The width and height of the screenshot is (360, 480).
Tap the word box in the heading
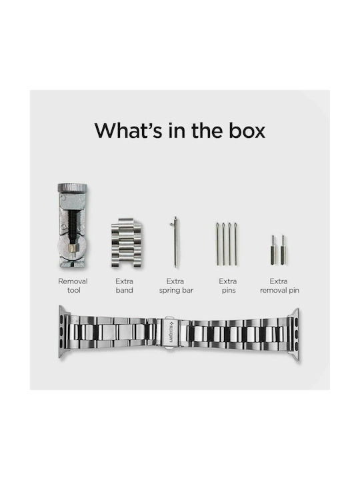click(247, 131)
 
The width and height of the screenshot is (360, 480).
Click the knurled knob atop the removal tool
click(73, 188)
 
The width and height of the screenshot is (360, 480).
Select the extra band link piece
click(127, 243)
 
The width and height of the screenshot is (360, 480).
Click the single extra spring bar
click(175, 242)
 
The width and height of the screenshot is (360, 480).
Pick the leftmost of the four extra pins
click(217, 244)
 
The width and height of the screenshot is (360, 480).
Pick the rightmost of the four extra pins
click(236, 244)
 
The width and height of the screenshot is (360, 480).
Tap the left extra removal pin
click(273, 250)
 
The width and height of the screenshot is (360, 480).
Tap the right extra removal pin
click(283, 250)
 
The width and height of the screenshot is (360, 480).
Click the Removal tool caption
click(73, 285)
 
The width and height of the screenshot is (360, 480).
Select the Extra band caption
click(124, 285)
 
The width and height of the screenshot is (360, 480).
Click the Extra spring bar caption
click(176, 286)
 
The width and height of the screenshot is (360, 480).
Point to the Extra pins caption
click(228, 286)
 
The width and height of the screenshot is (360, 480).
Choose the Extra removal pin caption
click(279, 286)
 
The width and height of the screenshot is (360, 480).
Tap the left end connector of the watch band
click(64, 332)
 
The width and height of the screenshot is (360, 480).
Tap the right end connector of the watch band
click(295, 335)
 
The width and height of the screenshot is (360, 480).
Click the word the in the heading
click(207, 131)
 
